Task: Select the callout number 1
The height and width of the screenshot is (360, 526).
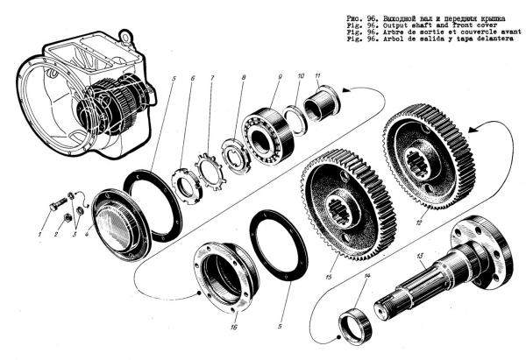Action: pyautogui.click(x=39, y=235)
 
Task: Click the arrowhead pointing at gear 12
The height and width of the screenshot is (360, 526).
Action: pyautogui.click(x=474, y=129)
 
